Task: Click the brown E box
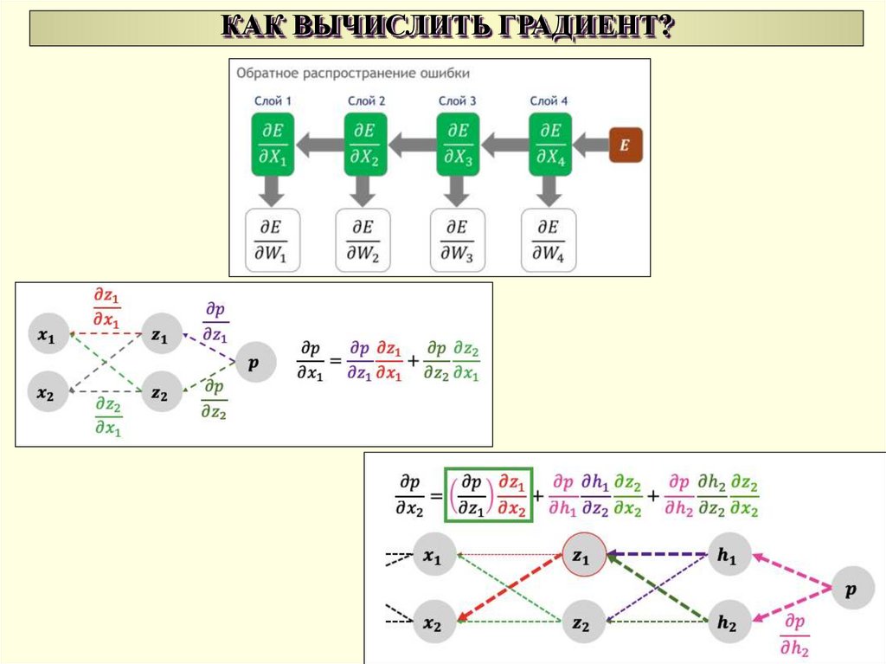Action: (x=625, y=145)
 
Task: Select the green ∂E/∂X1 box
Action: (x=273, y=144)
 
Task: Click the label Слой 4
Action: (x=549, y=101)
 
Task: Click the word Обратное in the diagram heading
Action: (x=272, y=74)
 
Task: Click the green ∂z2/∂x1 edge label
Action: (x=107, y=416)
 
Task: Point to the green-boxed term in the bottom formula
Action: (x=488, y=495)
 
